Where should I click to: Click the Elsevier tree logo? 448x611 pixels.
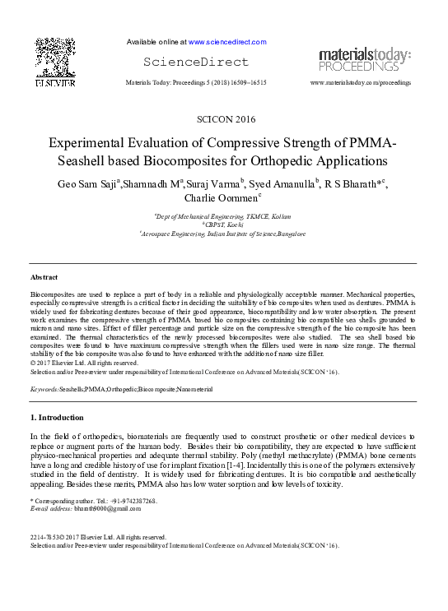(55, 62)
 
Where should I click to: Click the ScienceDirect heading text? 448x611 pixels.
(195, 62)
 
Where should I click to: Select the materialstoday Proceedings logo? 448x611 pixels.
(365, 59)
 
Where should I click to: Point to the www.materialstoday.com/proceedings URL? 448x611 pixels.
(360, 83)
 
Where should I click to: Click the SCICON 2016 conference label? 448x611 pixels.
(223, 120)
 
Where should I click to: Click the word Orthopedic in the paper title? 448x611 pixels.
(277, 160)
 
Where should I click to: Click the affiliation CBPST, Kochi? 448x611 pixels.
(224, 224)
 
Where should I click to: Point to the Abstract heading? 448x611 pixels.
(44, 277)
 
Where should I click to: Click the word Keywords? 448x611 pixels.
(43, 387)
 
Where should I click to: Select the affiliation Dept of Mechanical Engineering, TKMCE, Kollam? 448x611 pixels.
(224, 215)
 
